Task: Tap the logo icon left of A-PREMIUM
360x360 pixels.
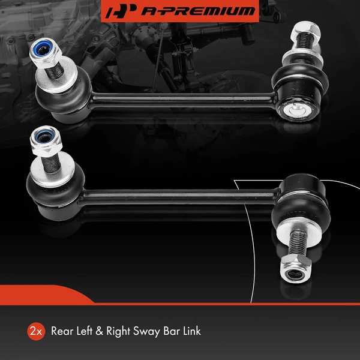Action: (x=119, y=11)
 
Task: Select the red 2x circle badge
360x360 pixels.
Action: (x=35, y=331)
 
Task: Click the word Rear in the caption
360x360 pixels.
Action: (x=63, y=331)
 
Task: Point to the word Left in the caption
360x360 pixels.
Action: (x=89, y=331)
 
